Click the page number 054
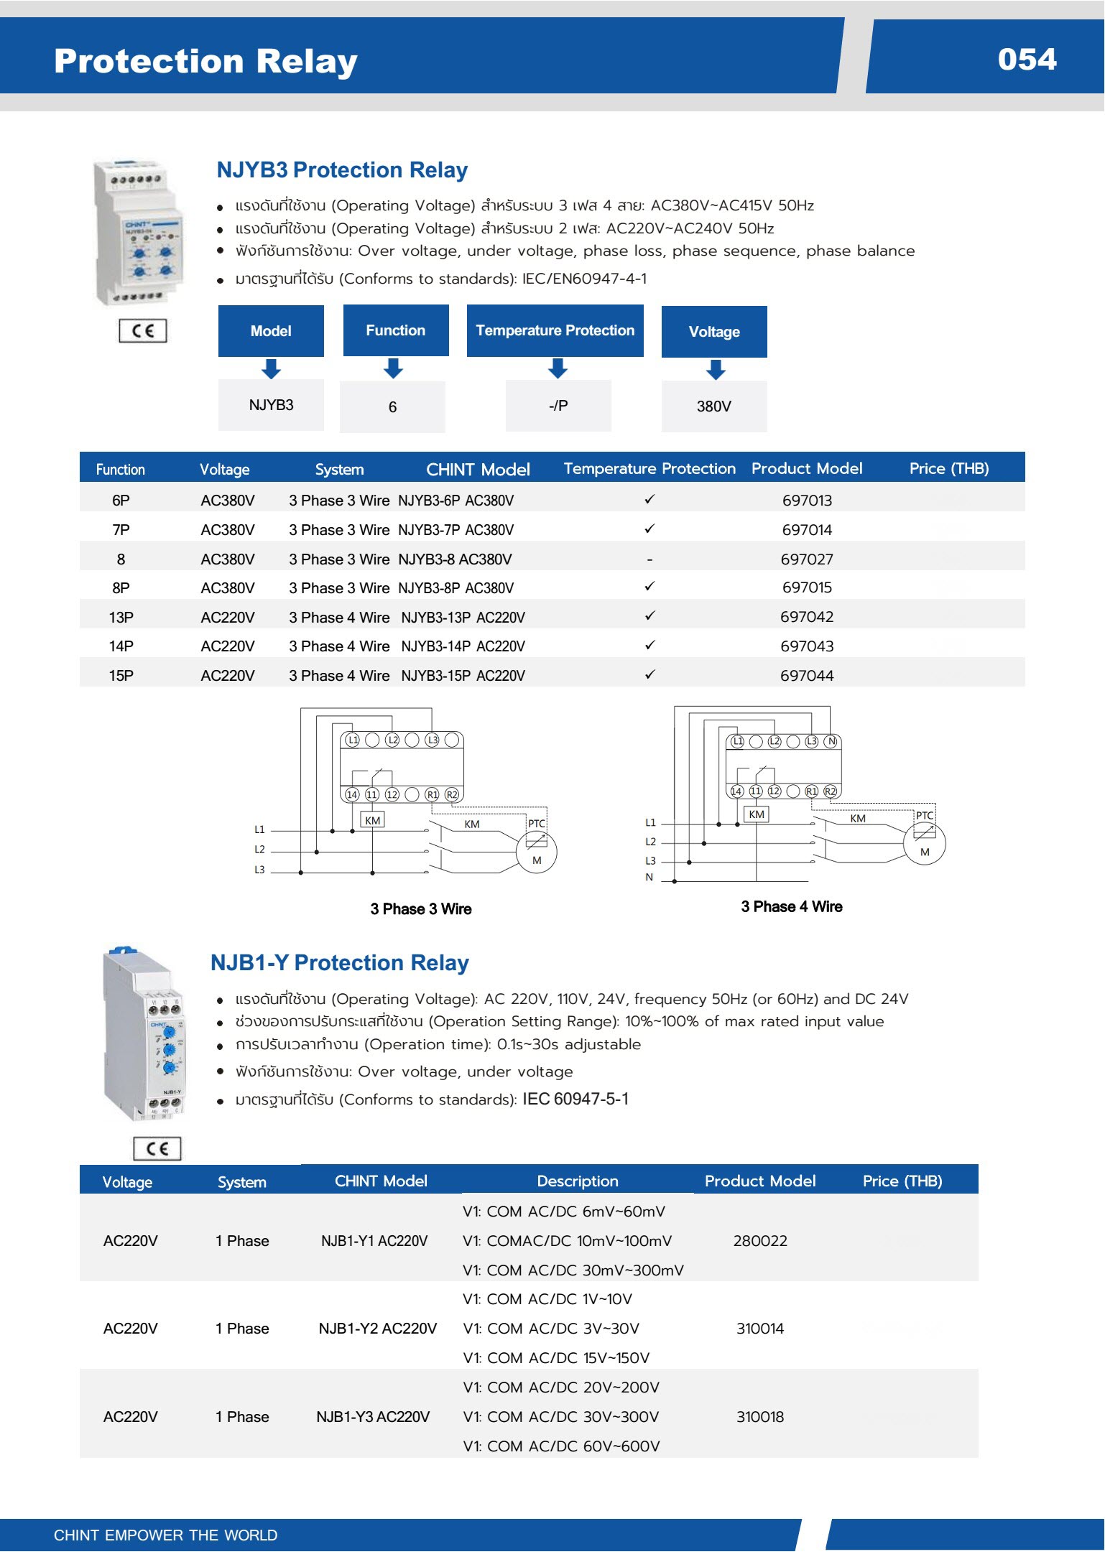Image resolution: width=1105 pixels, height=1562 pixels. click(1027, 60)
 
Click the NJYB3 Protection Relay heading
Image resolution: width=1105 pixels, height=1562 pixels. click(342, 170)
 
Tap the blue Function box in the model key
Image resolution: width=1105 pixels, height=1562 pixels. click(396, 330)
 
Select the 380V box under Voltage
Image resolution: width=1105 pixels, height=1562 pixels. click(714, 406)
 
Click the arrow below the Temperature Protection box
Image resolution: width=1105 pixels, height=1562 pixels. click(558, 368)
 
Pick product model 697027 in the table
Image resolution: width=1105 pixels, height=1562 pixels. click(807, 559)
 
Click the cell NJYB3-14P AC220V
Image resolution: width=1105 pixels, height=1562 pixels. click(463, 646)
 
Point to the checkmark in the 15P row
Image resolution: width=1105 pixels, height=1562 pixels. click(649, 674)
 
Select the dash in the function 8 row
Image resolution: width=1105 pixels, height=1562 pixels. click(649, 559)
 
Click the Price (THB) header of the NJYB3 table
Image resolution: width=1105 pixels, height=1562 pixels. click(948, 469)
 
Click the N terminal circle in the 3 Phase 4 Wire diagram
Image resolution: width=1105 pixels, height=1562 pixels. click(831, 742)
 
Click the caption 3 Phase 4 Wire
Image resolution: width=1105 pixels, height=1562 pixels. click(792, 907)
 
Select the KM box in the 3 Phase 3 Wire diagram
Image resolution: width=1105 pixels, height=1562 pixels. click(372, 820)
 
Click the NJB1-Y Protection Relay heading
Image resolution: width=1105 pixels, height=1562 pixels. click(339, 963)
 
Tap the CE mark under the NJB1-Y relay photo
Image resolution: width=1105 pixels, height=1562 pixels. click(157, 1148)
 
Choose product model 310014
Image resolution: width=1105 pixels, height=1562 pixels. click(760, 1329)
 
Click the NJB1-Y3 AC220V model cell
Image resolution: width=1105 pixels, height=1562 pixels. click(373, 1417)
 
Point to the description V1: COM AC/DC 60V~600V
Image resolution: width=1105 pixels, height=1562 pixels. click(561, 1446)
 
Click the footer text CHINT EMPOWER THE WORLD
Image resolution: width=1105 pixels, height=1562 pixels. click(165, 1535)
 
